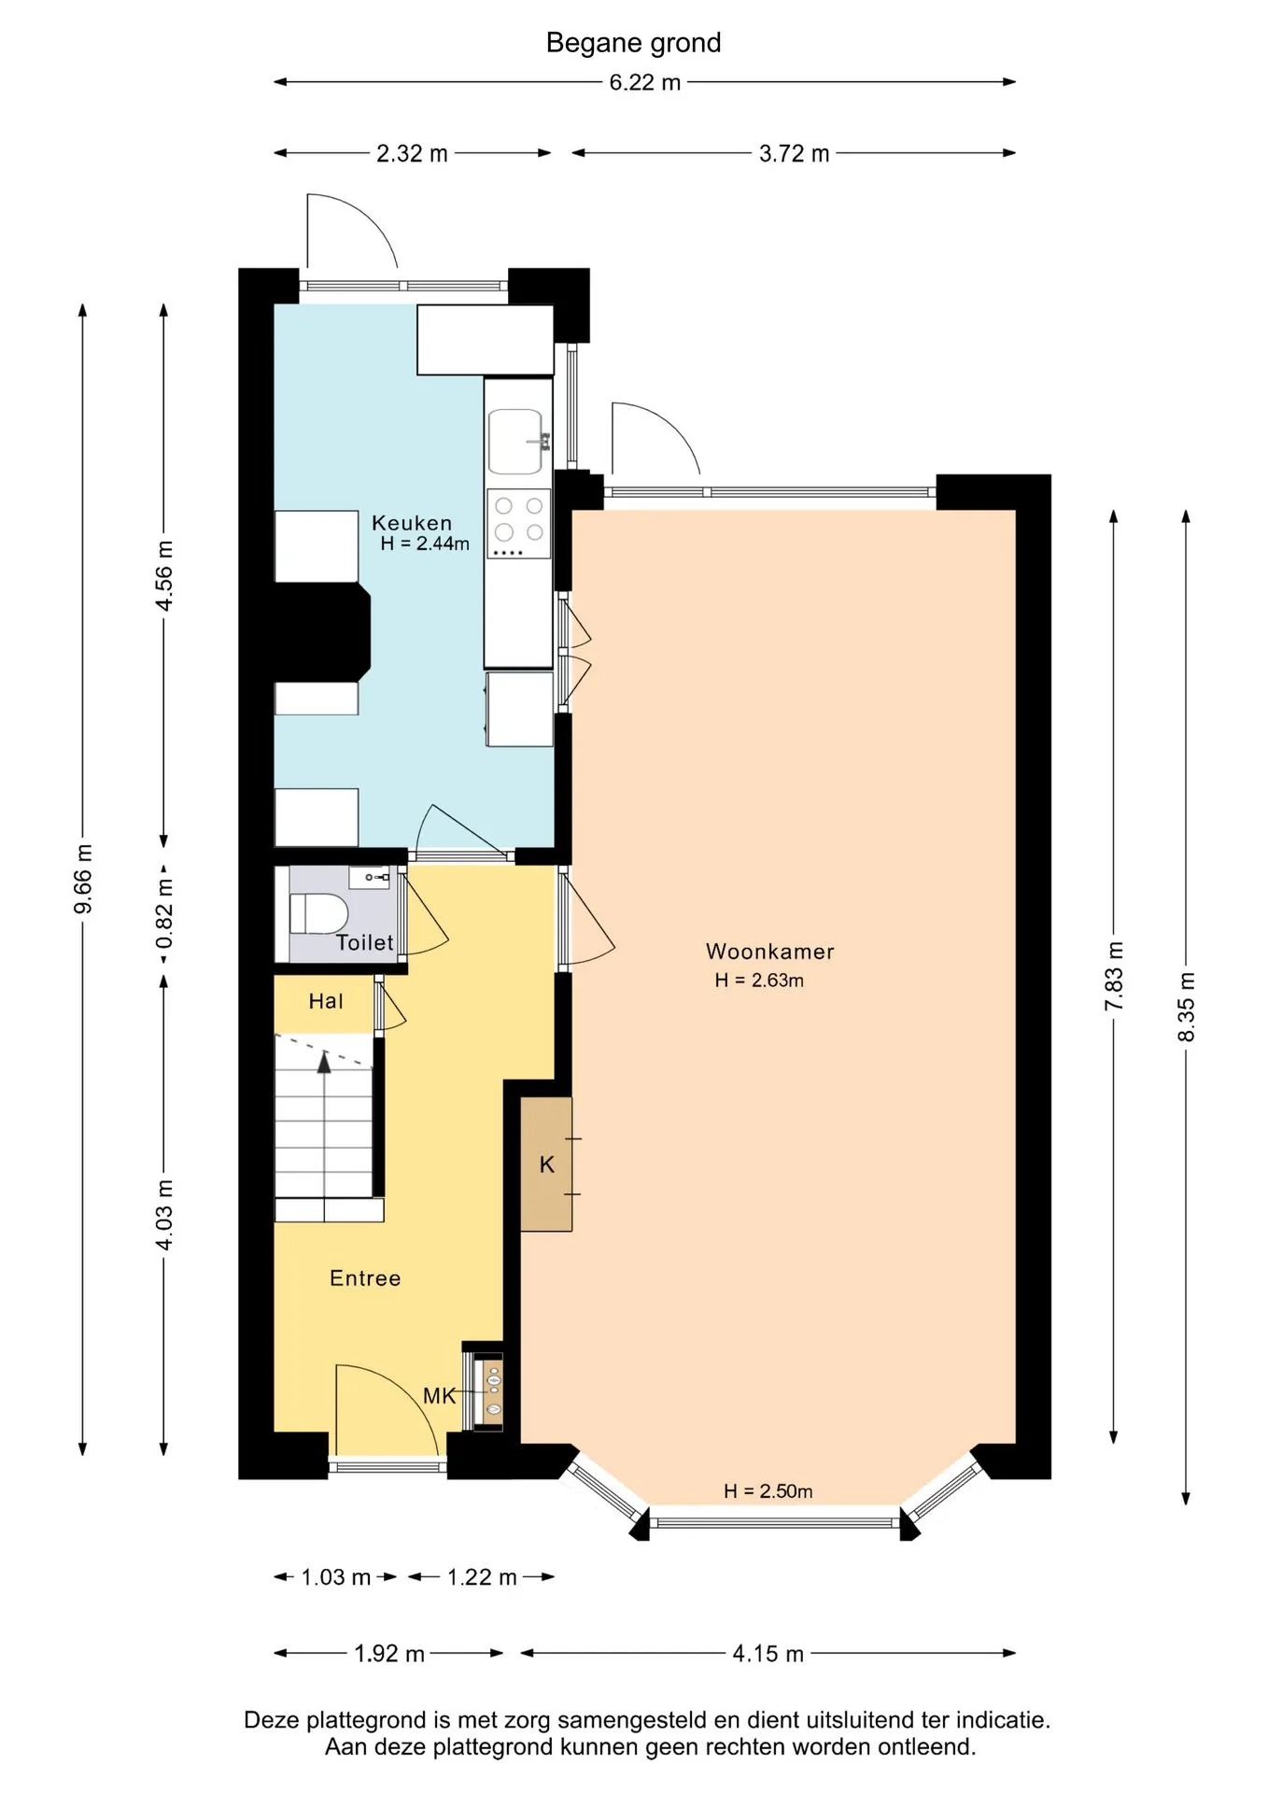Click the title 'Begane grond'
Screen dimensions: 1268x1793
(x=633, y=43)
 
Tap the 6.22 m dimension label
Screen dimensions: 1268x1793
(x=644, y=82)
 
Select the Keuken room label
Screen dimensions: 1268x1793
(x=412, y=523)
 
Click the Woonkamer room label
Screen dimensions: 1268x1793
(x=769, y=952)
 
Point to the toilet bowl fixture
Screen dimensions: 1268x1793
(x=318, y=912)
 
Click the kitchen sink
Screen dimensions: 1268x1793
(x=516, y=441)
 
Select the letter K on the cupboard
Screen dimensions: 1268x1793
(x=547, y=1165)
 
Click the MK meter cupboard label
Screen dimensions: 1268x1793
(x=439, y=1396)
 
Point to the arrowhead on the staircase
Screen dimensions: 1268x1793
(x=324, y=1062)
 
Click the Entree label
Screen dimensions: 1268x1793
(x=365, y=1278)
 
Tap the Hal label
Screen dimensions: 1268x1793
(x=326, y=1001)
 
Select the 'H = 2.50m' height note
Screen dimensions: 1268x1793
(x=768, y=1491)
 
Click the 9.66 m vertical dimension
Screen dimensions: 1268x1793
(x=82, y=879)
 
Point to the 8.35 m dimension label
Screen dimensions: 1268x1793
(x=1186, y=1008)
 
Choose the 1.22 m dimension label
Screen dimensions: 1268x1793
(x=482, y=1577)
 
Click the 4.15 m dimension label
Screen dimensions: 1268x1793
(x=768, y=1654)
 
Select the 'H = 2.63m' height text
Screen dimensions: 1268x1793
(x=759, y=981)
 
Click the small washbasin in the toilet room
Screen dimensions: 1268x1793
(x=370, y=877)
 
